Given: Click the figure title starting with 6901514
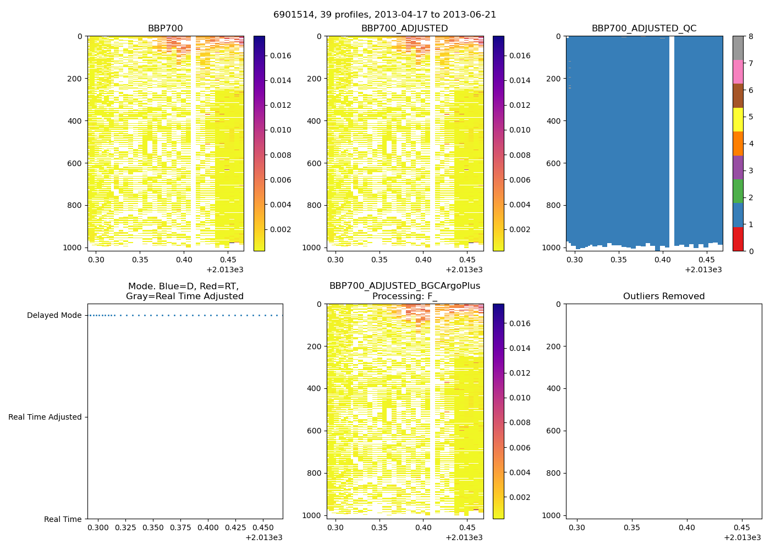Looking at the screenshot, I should [384, 15].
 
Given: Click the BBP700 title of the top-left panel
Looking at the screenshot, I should [165, 29].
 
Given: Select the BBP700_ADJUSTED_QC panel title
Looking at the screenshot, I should [644, 29].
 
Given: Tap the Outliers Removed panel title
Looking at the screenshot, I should [664, 296].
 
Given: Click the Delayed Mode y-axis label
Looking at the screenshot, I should [54, 316].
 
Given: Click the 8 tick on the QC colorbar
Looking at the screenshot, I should [751, 36].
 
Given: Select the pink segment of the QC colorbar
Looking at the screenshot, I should [738, 71].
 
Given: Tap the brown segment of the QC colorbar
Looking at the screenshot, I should [738, 96].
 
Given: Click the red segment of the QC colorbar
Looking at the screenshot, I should [738, 239].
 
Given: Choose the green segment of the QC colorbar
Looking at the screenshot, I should [738, 191].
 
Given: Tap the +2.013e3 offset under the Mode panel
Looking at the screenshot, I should [263, 537].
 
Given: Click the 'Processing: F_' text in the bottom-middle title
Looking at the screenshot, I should [404, 296].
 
